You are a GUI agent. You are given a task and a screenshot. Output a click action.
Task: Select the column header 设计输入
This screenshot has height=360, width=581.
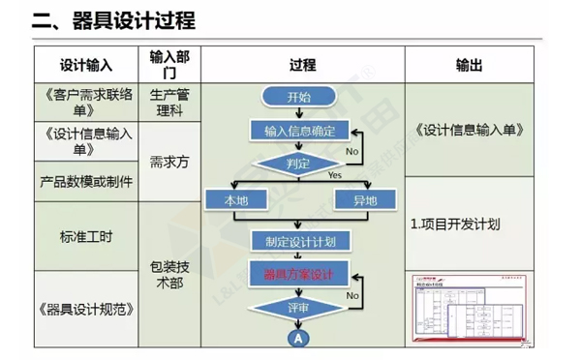(x=86, y=66)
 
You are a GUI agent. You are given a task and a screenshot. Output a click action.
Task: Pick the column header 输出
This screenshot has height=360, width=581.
(x=470, y=66)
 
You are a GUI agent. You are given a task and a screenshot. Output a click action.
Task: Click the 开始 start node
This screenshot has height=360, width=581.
(x=299, y=98)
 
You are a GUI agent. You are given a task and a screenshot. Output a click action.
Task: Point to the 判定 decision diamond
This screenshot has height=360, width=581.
(x=299, y=164)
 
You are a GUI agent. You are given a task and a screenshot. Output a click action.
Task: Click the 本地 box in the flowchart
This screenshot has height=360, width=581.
(x=235, y=200)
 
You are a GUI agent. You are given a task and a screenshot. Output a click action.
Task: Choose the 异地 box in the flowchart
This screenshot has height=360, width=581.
(x=364, y=200)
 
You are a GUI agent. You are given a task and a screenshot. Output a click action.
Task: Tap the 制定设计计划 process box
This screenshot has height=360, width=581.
(x=299, y=240)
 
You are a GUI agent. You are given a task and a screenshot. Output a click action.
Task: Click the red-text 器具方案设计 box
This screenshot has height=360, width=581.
(x=299, y=274)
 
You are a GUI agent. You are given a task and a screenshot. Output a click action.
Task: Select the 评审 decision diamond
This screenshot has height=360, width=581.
(x=299, y=307)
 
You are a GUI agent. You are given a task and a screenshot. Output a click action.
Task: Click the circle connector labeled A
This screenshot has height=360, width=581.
(x=299, y=337)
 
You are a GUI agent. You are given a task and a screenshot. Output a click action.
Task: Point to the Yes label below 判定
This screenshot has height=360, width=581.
(x=335, y=176)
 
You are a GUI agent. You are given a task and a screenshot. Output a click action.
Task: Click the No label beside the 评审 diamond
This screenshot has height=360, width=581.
(x=352, y=294)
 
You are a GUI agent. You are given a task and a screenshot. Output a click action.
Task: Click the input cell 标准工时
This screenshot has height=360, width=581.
(x=86, y=235)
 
